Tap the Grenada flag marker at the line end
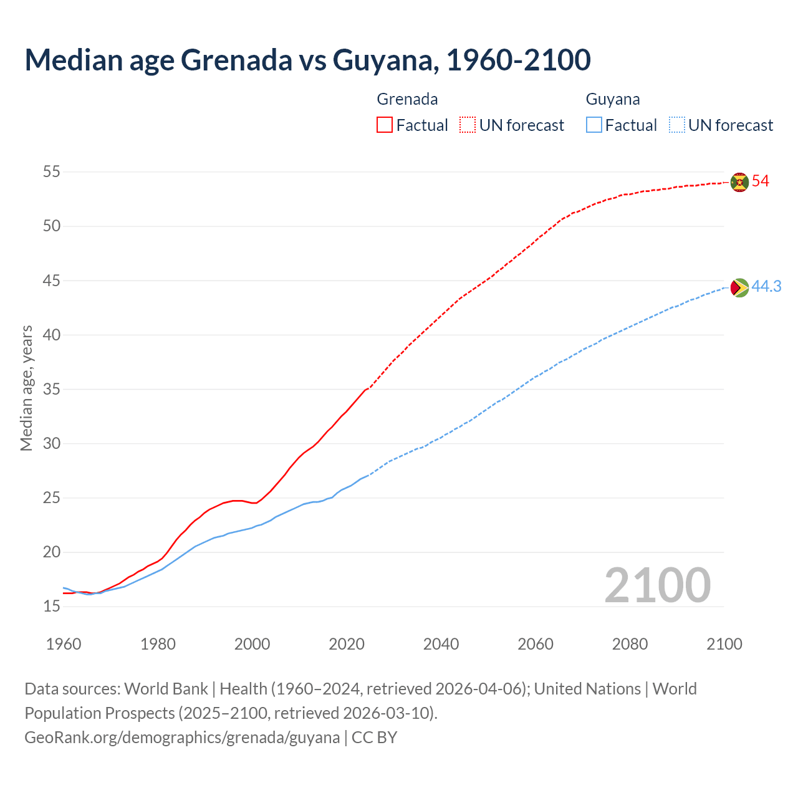coord(739,182)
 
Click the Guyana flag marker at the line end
coord(739,287)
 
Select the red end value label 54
coord(761,181)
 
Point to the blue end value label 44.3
coord(766,286)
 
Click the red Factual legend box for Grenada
coord(385,125)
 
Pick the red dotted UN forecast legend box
coord(468,125)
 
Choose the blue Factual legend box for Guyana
coord(594,125)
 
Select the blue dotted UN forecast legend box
coord(677,125)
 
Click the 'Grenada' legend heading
coord(407,99)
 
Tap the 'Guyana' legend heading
coord(613,99)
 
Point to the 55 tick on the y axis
coord(52,171)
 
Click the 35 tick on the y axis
coord(52,389)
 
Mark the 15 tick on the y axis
coord(52,606)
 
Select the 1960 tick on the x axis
coord(64,644)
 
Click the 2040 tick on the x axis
coord(441,644)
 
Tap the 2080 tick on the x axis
coord(630,644)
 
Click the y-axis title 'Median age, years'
coord(26,388)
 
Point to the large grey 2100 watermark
coord(658,585)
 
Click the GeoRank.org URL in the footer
coord(182,738)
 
